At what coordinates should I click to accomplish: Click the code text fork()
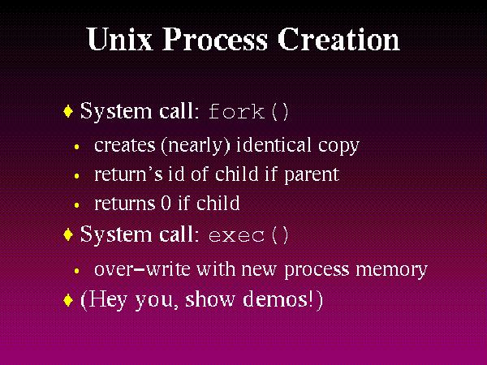click(248, 111)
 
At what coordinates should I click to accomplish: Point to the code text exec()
click(248, 236)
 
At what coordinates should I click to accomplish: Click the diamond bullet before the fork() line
click(68, 110)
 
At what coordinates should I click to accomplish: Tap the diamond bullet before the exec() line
click(68, 235)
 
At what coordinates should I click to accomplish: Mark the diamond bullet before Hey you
click(68, 299)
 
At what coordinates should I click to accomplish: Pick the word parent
click(312, 175)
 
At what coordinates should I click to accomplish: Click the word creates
click(122, 146)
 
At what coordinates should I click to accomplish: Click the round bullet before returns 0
click(76, 204)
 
